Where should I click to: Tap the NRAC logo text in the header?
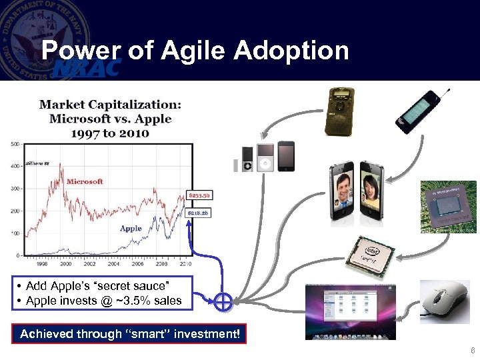pos(88,68)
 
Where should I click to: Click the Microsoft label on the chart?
pos(85,181)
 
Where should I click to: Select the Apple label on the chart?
pos(131,228)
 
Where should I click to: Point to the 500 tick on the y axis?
pos(15,143)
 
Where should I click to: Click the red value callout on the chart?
pos(199,195)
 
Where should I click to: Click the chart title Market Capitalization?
pos(110,105)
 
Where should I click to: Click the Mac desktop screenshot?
pos(351,311)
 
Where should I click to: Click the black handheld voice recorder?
pos(338,112)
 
